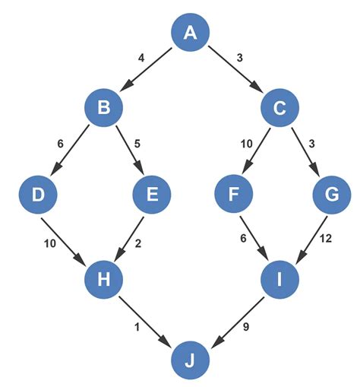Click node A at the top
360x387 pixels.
[190, 33]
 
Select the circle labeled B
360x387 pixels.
[105, 109]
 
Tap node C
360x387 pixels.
[279, 109]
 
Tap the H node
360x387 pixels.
[105, 279]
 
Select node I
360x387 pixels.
[279, 279]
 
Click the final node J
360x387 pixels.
[190, 357]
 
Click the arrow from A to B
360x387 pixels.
[147, 71]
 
